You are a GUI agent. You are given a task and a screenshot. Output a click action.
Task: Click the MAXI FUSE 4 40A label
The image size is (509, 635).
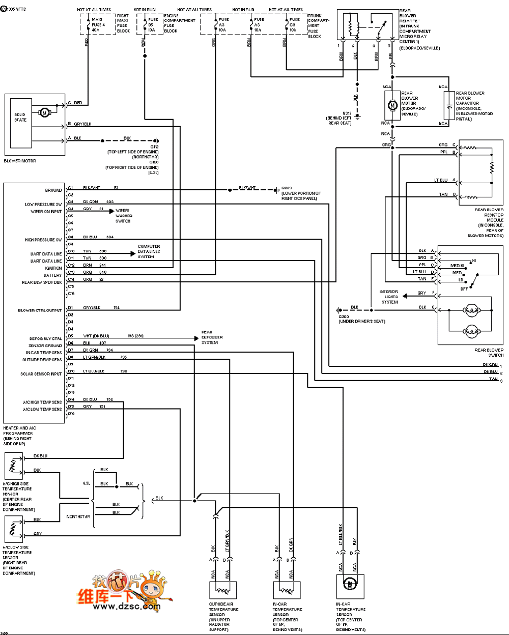click(98, 24)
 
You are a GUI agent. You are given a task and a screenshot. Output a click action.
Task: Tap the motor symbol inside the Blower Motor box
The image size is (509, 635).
click(44, 112)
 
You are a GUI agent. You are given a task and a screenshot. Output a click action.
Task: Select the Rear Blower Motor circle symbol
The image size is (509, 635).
click(392, 105)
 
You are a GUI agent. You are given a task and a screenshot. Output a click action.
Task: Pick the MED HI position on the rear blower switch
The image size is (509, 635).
click(457, 266)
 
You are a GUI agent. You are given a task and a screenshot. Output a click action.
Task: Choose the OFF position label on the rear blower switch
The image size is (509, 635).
click(464, 289)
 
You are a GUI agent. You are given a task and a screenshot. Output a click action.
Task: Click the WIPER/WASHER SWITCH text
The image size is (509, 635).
click(123, 216)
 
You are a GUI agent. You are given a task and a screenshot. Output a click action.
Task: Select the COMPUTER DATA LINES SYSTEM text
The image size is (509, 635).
click(149, 251)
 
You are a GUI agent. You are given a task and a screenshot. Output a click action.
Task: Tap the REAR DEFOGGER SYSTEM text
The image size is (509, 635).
click(212, 337)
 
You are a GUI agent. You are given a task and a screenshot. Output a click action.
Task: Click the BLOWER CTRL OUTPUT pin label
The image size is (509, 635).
click(40, 310)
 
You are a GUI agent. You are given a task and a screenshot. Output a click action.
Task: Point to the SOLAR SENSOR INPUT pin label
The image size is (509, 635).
click(41, 374)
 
